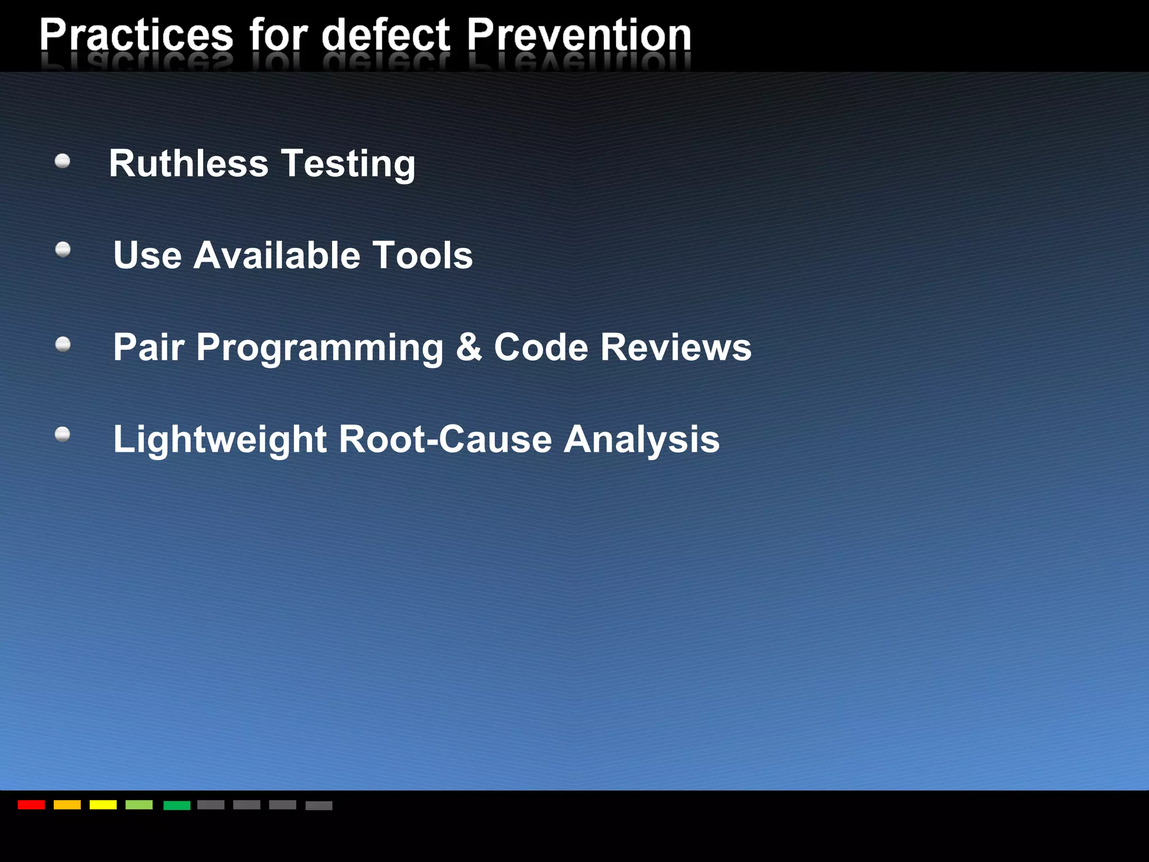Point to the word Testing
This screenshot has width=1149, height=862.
[348, 164]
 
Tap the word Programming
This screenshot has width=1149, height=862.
[320, 347]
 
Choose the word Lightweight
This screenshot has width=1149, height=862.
[220, 439]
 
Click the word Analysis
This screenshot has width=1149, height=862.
[641, 439]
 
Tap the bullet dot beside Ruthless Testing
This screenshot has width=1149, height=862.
[63, 162]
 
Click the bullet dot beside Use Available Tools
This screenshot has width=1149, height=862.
[63, 249]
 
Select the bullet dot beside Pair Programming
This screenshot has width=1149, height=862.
[63, 344]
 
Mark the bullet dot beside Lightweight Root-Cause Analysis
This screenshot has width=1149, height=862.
[63, 434]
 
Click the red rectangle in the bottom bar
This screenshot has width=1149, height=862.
[31, 805]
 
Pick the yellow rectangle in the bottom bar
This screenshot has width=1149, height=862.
[103, 805]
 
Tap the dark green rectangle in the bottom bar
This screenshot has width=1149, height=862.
[177, 805]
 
